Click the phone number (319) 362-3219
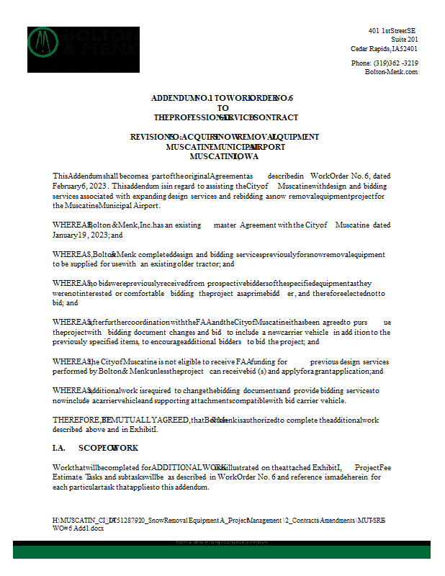tap(385, 63)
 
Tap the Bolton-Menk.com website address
tap(391, 71)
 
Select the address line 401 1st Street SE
tap(392, 30)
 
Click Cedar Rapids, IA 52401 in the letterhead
tap(384, 48)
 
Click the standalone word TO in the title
tap(223, 107)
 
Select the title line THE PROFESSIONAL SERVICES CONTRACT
tap(225, 117)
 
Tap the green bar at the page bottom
tap(222, 552)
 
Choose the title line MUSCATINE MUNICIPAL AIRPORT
tap(225, 147)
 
